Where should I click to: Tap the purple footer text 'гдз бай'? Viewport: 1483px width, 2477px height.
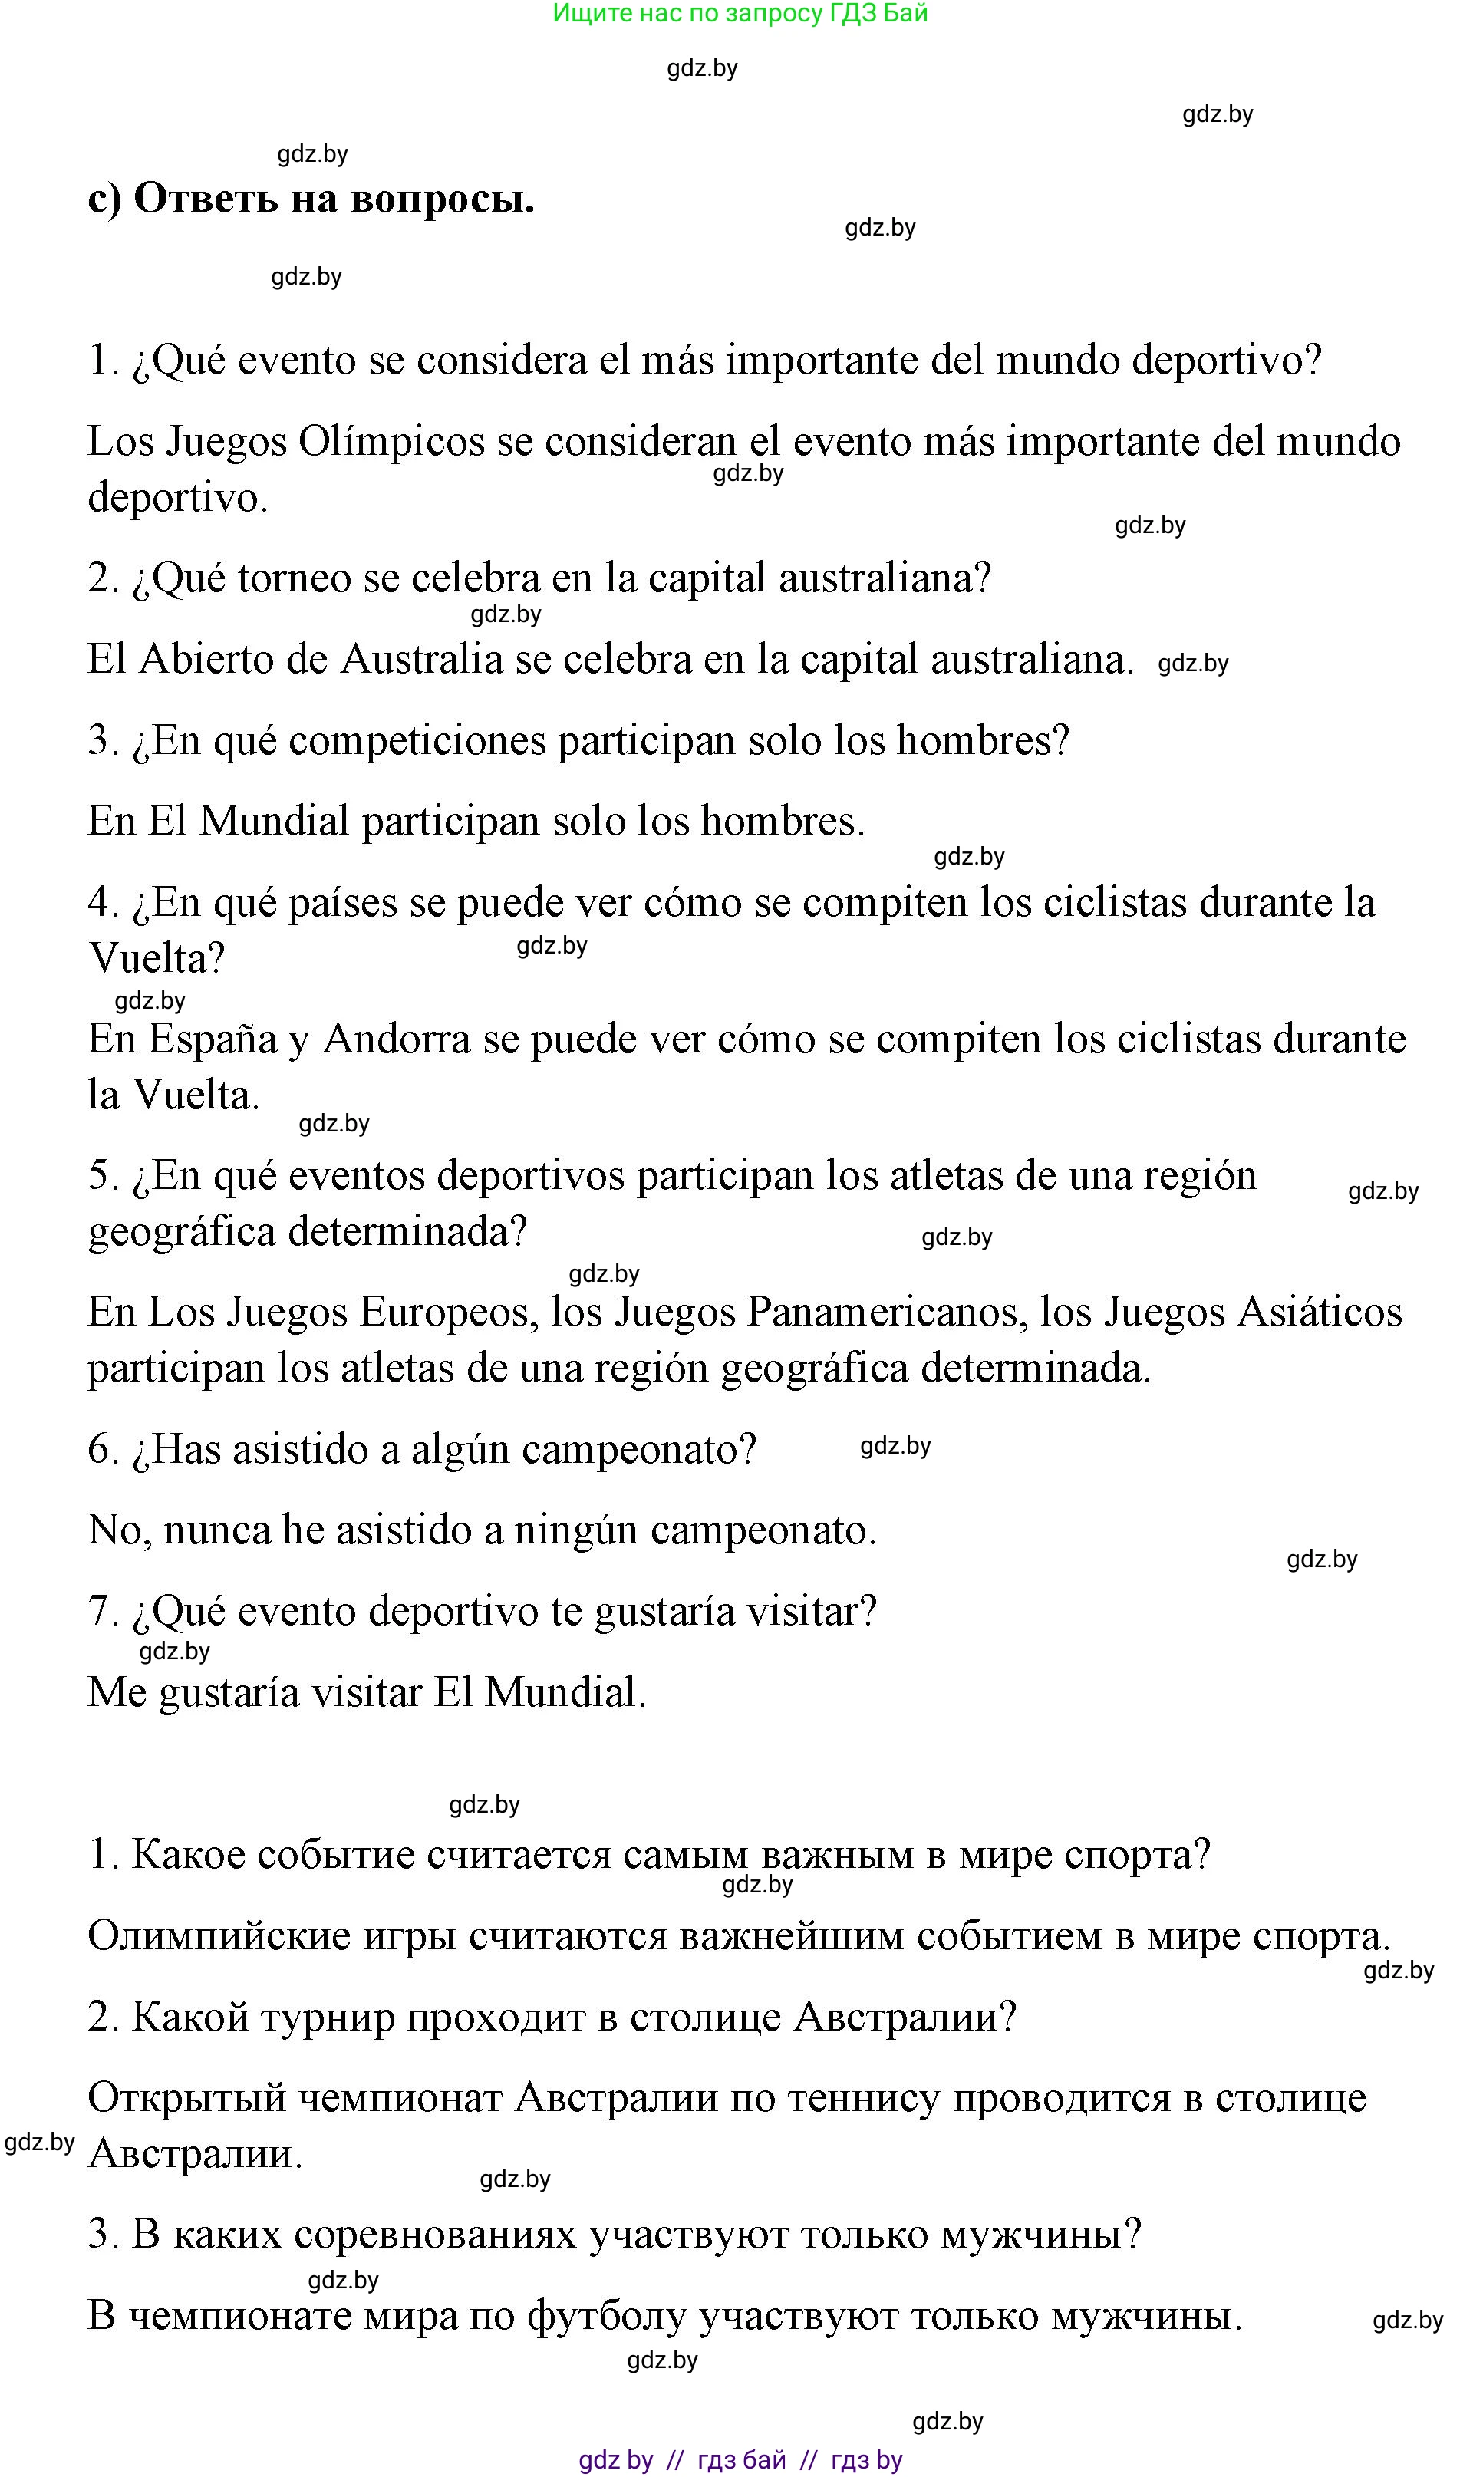click(741, 2460)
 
